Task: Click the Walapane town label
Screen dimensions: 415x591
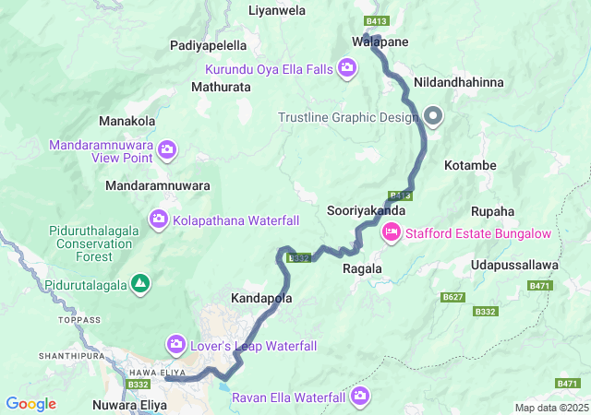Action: [x=380, y=41]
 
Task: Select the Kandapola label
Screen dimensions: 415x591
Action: [x=261, y=300]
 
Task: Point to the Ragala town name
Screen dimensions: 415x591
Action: [x=362, y=268]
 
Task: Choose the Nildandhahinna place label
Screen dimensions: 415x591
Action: [x=459, y=82]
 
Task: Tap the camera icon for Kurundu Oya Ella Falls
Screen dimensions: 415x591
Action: [x=347, y=66]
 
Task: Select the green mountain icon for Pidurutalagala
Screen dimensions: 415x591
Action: [x=139, y=282]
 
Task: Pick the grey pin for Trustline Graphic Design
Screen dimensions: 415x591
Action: [x=432, y=116]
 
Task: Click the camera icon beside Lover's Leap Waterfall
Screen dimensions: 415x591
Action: [x=176, y=345]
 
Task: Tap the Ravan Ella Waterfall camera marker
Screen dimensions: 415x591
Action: [x=359, y=397]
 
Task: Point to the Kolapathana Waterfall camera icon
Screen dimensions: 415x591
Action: [x=159, y=219]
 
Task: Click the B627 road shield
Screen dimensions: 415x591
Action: [x=452, y=297]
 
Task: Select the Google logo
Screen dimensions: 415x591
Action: [x=30, y=404]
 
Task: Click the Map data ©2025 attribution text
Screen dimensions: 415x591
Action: [x=551, y=408]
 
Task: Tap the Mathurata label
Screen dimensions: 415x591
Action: [x=220, y=87]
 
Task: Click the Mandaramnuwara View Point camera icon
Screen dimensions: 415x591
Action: [x=167, y=149]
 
